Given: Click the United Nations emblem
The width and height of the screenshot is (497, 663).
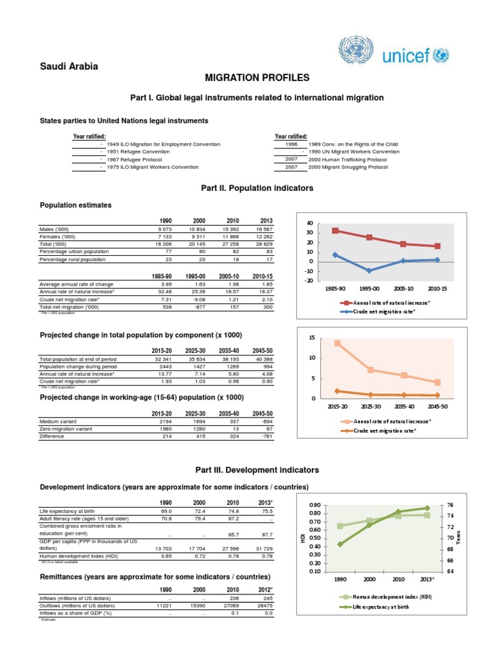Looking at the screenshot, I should (x=353, y=51).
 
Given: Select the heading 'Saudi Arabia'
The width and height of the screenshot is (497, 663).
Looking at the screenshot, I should (x=69, y=67).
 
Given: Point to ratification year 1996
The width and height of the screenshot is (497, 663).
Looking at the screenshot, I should (x=291, y=144).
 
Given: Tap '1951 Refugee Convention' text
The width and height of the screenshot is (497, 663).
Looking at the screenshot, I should (x=138, y=152).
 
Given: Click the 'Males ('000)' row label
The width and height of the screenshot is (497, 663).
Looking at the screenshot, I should (x=57, y=229).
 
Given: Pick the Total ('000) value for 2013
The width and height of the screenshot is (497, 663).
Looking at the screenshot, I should (x=264, y=244).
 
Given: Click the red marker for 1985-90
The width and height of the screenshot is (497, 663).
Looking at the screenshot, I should (x=335, y=230).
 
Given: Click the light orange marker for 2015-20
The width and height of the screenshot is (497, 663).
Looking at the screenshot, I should (x=337, y=343).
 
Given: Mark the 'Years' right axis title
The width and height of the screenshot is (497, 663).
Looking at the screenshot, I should (x=458, y=537).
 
